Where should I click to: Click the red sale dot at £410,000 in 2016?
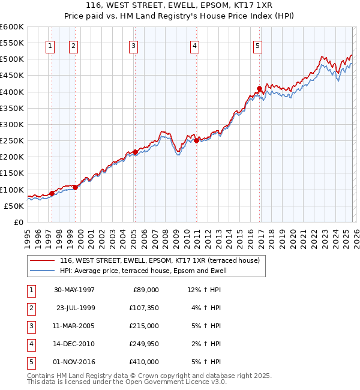pyautogui.click(x=259, y=89)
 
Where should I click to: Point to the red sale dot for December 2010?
pyautogui.click(x=196, y=141)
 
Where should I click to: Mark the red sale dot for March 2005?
pyautogui.click(x=135, y=152)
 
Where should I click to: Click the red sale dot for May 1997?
pyautogui.click(x=52, y=193)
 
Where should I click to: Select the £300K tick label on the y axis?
pyautogui.click(x=12, y=124)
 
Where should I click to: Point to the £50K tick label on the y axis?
pyautogui.click(x=14, y=206)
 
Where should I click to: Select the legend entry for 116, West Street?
pyautogui.click(x=159, y=260)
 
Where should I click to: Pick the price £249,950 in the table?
pyautogui.click(x=144, y=344)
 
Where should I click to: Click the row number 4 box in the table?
pyautogui.click(x=30, y=344)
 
